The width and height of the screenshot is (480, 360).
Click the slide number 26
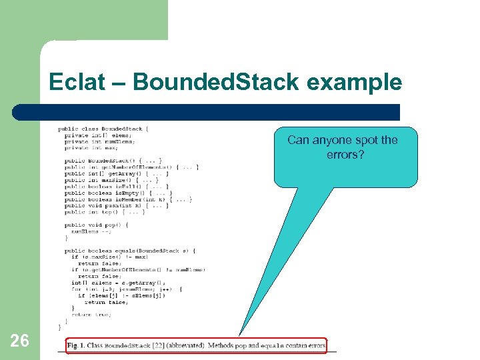(20, 341)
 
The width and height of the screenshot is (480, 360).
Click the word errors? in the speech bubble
(343, 155)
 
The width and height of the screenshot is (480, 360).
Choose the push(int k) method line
(116, 205)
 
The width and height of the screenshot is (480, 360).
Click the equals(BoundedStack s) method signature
(130, 251)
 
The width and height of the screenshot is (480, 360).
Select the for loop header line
(126, 289)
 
